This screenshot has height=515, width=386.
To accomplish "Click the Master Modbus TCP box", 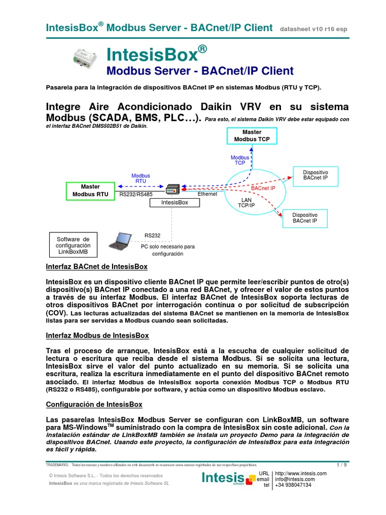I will click(x=252, y=136).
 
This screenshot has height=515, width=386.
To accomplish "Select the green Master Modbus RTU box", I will click(x=90, y=190).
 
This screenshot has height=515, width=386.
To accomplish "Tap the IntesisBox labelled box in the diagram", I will click(x=174, y=202).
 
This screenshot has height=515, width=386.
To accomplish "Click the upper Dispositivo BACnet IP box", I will click(x=315, y=175).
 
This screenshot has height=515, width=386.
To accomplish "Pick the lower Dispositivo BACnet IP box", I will click(x=305, y=217).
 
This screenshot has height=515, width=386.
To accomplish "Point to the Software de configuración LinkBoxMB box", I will click(x=73, y=245).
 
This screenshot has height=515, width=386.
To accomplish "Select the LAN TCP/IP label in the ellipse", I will click(x=247, y=203).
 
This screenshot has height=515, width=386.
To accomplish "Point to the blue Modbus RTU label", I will click(x=141, y=179).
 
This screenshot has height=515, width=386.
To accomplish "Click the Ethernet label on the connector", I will click(x=207, y=194).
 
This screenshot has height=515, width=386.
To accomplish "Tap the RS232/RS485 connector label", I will click(x=136, y=194).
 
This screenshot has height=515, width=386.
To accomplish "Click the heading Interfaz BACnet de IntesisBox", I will click(x=96, y=267).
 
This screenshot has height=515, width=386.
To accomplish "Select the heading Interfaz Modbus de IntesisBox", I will click(x=98, y=335).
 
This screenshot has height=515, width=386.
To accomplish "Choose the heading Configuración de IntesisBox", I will click(x=94, y=404).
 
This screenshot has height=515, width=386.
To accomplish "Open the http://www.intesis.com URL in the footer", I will click(x=301, y=473).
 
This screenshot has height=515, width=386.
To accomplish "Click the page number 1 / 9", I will click(x=341, y=465).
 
